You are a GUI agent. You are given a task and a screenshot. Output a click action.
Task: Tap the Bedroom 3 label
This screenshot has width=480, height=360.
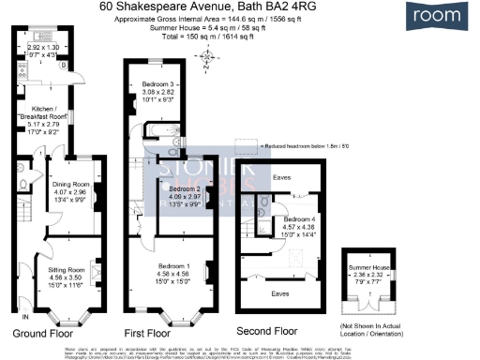157,90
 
